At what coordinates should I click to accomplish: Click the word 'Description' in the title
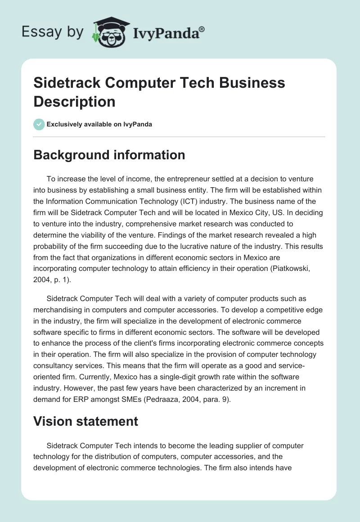pyautogui.click(x=75, y=101)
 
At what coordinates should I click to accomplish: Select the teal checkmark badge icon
pyautogui.click(x=39, y=124)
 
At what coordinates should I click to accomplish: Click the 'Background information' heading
pyautogui.click(x=109, y=155)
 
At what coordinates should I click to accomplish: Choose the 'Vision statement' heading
pyautogui.click(x=85, y=421)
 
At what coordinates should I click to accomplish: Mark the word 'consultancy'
pyautogui.click(x=56, y=365)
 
